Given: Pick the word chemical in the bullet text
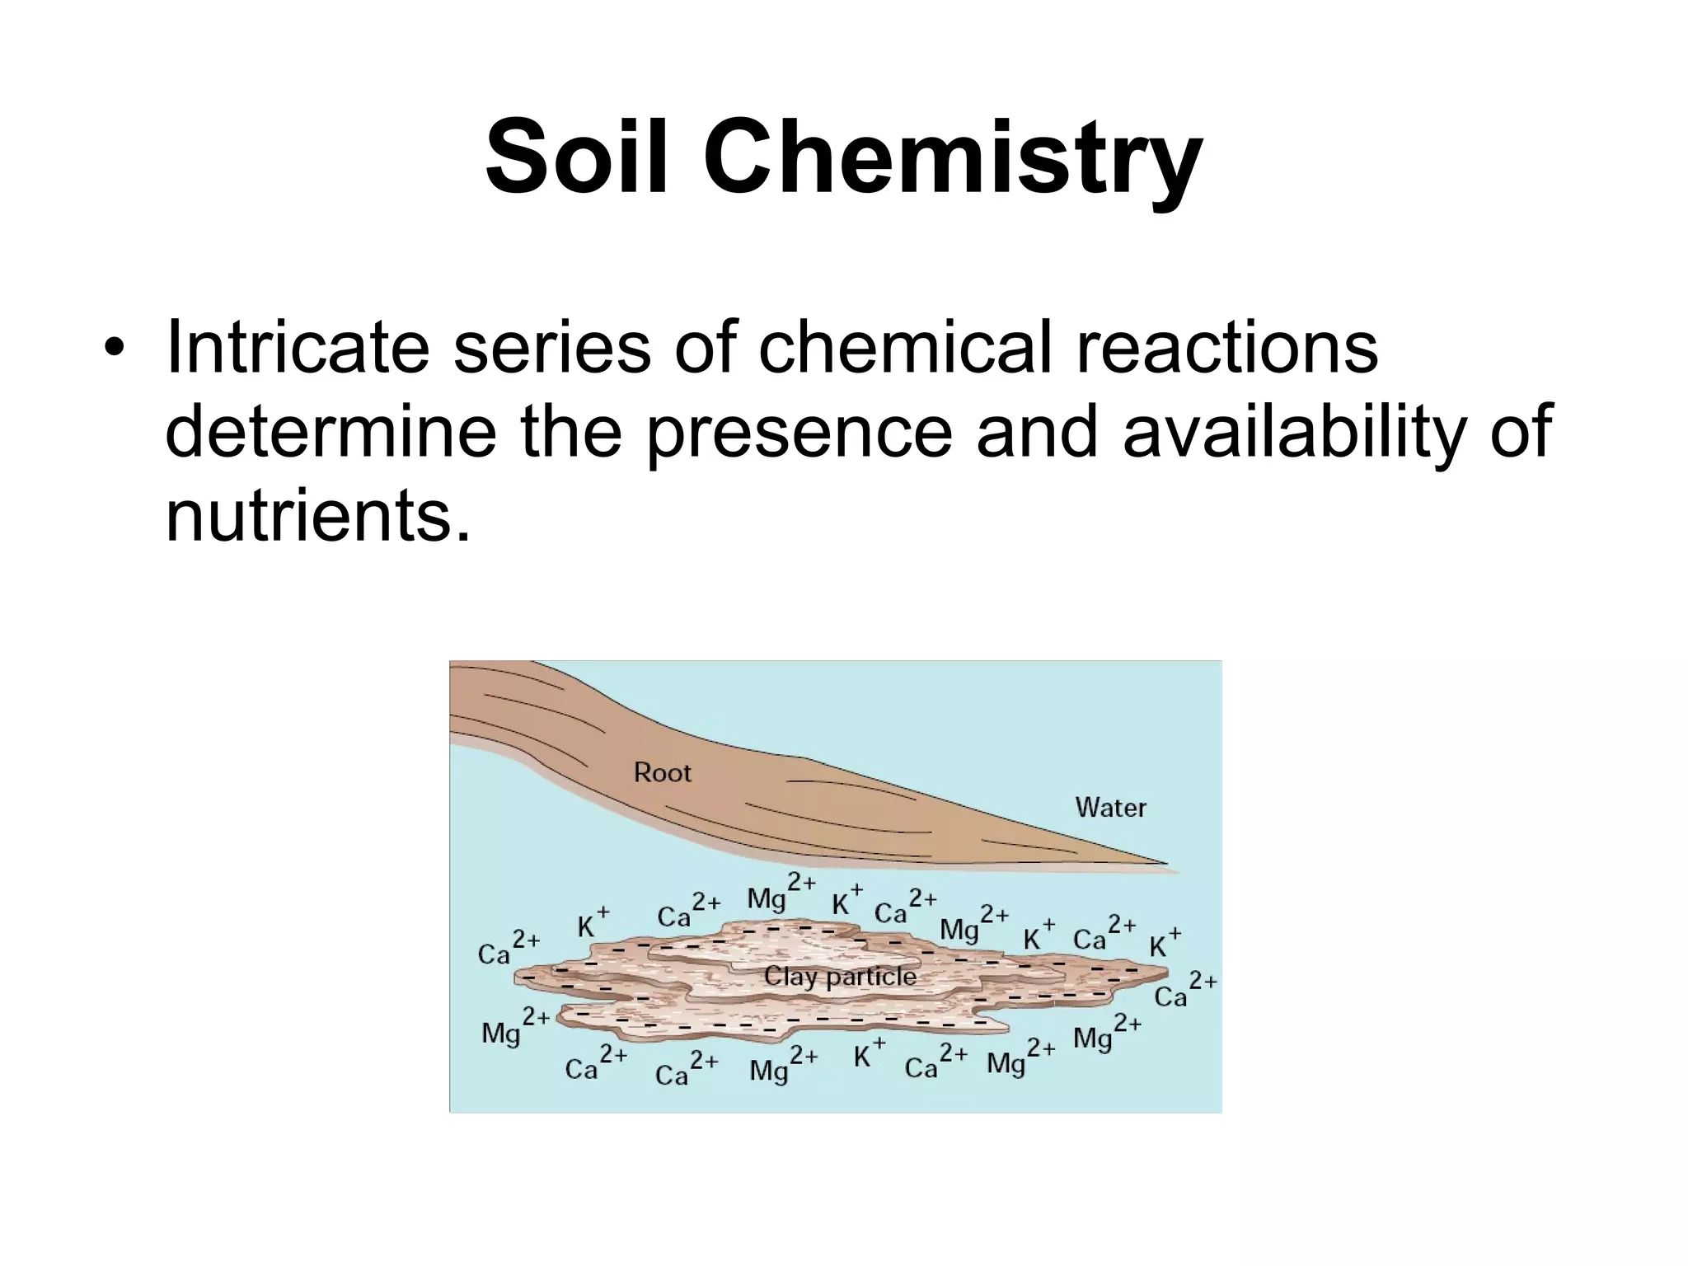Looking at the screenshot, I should coord(905,347).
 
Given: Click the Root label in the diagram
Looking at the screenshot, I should coord(662,772).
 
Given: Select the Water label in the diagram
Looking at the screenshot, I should coord(1110,807).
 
